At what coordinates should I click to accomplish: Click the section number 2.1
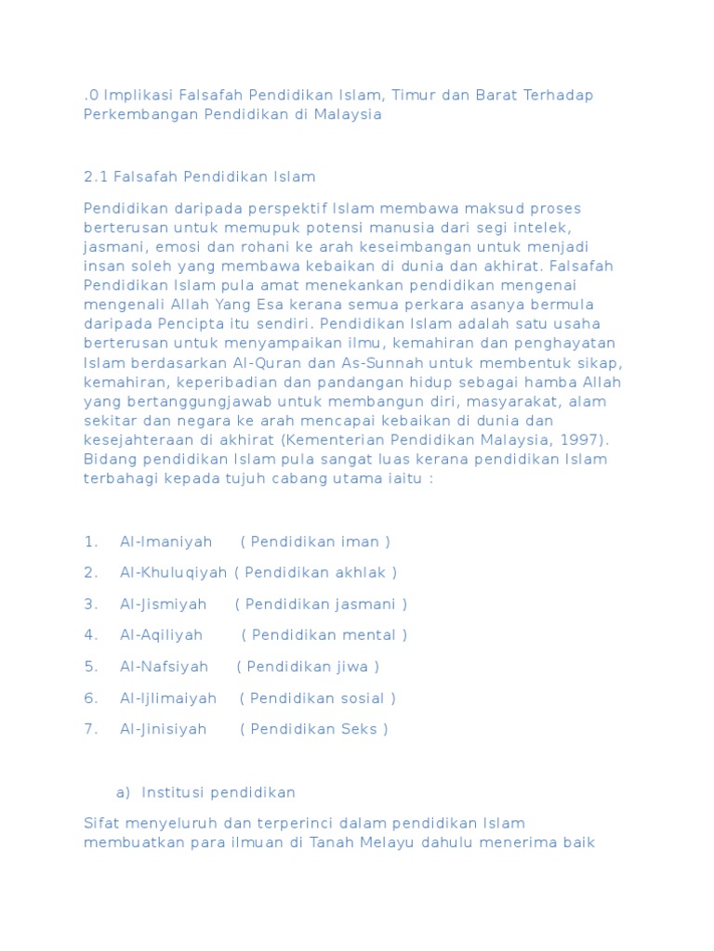pos(96,176)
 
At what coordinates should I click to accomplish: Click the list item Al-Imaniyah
pos(165,541)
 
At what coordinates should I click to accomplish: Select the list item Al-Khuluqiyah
pos(174,572)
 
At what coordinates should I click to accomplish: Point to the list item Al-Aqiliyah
pos(161,635)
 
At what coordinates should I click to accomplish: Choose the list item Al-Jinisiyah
pos(163,729)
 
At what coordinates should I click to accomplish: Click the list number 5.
pos(90,667)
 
